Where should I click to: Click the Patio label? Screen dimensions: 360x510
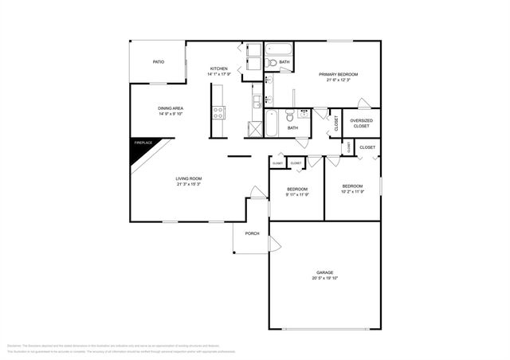pyautogui.click(x=159, y=61)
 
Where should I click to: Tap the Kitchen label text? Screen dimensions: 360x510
pyautogui.click(x=219, y=68)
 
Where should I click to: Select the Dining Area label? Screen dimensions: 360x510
pyautogui.click(x=171, y=108)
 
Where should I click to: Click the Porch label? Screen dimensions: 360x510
pyautogui.click(x=252, y=233)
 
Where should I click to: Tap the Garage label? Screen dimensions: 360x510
pyautogui.click(x=324, y=272)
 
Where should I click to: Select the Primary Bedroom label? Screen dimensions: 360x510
pyautogui.click(x=342, y=74)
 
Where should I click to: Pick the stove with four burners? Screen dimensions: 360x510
pyautogui.click(x=218, y=113)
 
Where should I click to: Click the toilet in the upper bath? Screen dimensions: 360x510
pyautogui.click(x=272, y=62)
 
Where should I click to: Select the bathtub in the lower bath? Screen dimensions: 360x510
pyautogui.click(x=271, y=124)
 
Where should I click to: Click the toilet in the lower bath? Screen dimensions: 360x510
pyautogui.click(x=303, y=117)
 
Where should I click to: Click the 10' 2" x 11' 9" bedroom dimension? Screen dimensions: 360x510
pyautogui.click(x=352, y=191)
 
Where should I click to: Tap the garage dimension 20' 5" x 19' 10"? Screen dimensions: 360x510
pyautogui.click(x=324, y=278)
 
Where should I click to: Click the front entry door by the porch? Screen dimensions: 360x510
pyautogui.click(x=257, y=193)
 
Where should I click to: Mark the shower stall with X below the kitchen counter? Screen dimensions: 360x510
pyautogui.click(x=256, y=128)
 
